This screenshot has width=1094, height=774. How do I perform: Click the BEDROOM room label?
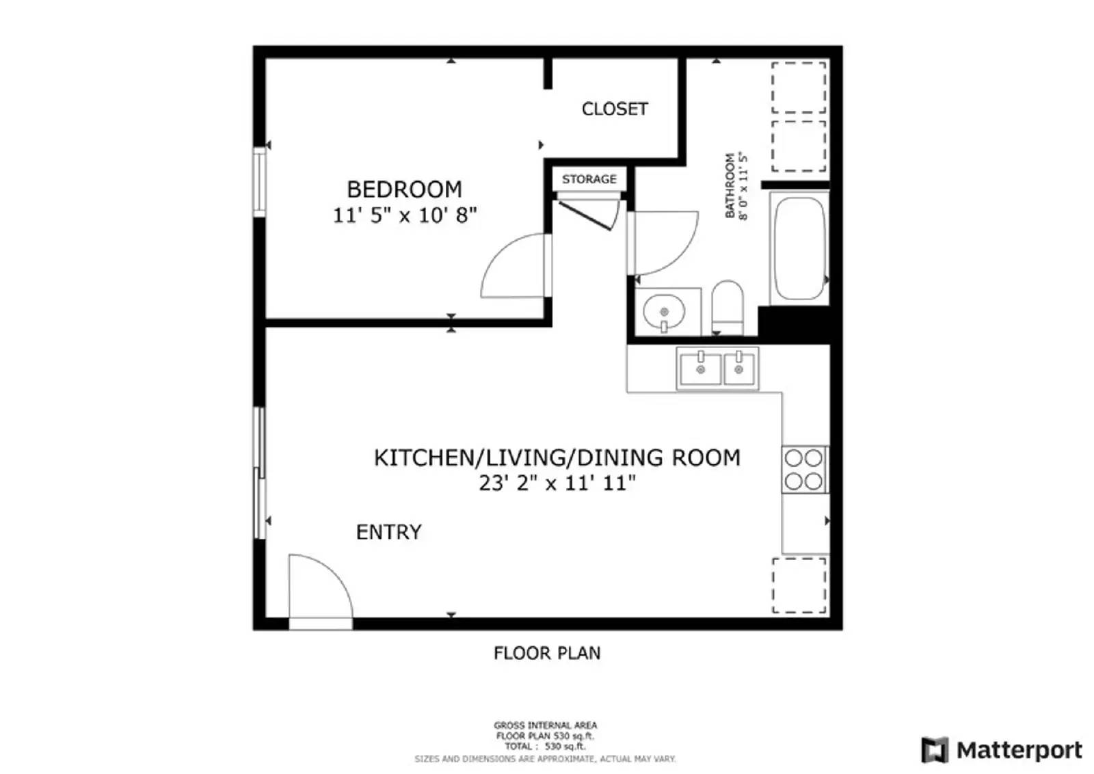pyautogui.click(x=404, y=189)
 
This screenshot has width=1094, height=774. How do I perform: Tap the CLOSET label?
pyautogui.click(x=614, y=109)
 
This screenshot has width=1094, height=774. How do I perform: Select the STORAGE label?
pyautogui.click(x=589, y=179)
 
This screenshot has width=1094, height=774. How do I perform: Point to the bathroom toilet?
pyautogui.click(x=728, y=307)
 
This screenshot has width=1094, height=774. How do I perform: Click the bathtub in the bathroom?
pyautogui.click(x=799, y=249)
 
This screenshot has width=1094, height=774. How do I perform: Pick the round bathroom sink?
pyautogui.click(x=663, y=312)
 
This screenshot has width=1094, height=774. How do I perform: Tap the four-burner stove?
pyautogui.click(x=804, y=469)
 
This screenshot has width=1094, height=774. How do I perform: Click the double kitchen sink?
pyautogui.click(x=718, y=369)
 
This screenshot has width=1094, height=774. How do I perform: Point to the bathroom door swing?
pyautogui.click(x=662, y=243)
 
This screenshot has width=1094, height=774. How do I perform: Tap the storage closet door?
pyautogui.click(x=586, y=214)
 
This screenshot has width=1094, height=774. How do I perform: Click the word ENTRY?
pyautogui.click(x=388, y=532)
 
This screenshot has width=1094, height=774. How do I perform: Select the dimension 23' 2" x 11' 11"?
pyautogui.click(x=557, y=483)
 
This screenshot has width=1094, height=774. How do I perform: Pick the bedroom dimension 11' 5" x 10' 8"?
pyautogui.click(x=404, y=215)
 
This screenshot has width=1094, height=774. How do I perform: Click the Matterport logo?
pyautogui.click(x=1001, y=750)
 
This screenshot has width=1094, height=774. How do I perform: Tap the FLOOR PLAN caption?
pyautogui.click(x=547, y=653)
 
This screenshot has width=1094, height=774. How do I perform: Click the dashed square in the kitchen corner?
pyautogui.click(x=799, y=585)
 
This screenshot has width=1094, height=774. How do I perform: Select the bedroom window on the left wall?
pyautogui.click(x=259, y=181)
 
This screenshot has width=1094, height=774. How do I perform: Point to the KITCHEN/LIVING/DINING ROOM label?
pyautogui.click(x=557, y=457)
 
